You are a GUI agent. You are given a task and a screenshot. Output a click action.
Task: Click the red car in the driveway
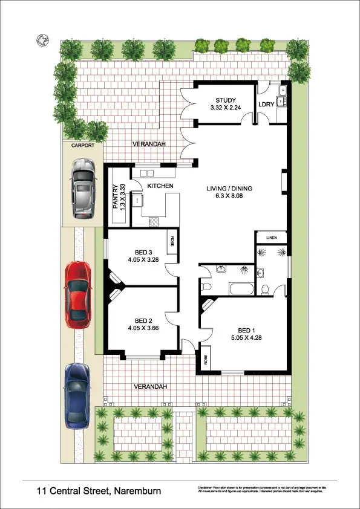pyautogui.click(x=77, y=294)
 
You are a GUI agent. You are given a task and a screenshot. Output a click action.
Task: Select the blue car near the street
pyautogui.click(x=77, y=394)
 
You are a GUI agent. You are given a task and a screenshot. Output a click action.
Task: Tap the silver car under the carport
pyautogui.click(x=83, y=188)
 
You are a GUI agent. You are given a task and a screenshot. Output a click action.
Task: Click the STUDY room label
pyautogui.click(x=225, y=100)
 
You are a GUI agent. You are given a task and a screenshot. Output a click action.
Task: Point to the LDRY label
pyautogui.click(x=267, y=104)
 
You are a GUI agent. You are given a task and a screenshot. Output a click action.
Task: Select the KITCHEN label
pyautogui.click(x=160, y=186)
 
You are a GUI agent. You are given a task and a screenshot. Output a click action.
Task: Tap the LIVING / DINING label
pyautogui.click(x=229, y=189)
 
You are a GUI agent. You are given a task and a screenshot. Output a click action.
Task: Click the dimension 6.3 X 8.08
pyautogui.click(x=229, y=196)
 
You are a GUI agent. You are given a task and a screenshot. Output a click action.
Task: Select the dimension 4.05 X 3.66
pyautogui.click(x=142, y=328)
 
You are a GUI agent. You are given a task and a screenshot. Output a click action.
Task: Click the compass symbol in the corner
pyautogui.click(x=42, y=41)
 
